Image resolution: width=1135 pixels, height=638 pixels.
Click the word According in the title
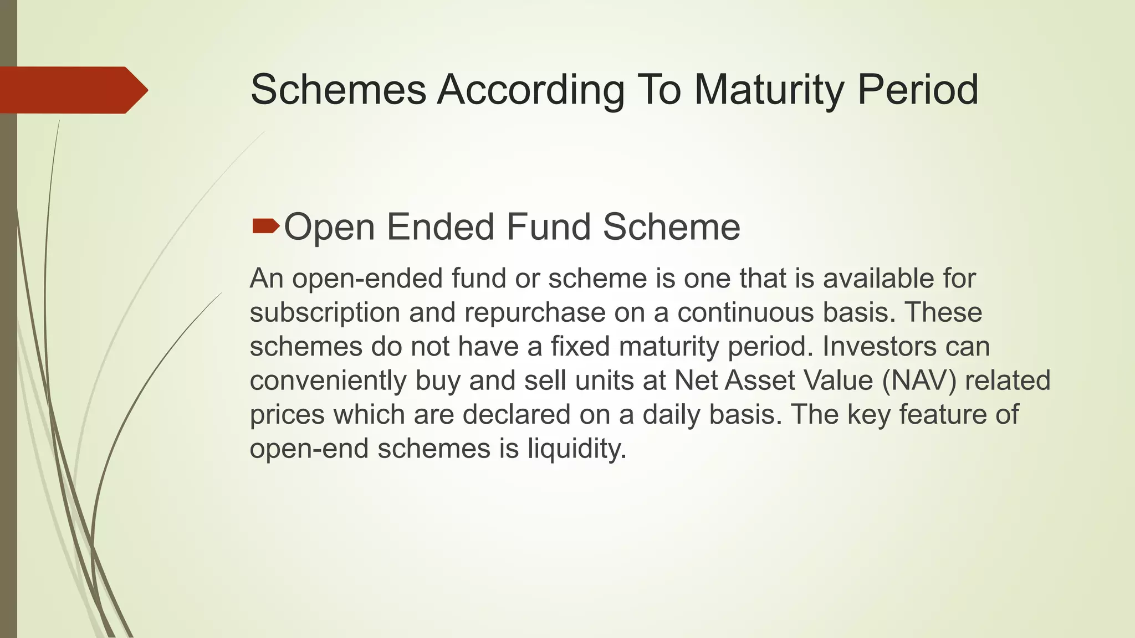click(x=530, y=90)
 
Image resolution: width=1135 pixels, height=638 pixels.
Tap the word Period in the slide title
click(x=918, y=90)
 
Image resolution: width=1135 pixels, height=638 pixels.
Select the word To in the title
click(x=659, y=90)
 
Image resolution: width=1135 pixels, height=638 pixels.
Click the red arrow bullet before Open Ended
click(x=265, y=225)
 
